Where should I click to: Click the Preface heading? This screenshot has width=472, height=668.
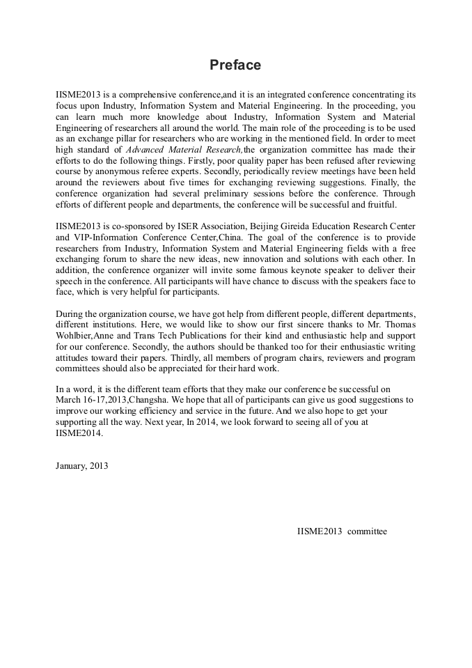(x=235, y=65)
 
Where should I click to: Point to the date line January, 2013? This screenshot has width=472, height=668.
(x=81, y=465)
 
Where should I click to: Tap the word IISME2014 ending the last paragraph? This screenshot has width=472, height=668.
(x=79, y=432)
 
